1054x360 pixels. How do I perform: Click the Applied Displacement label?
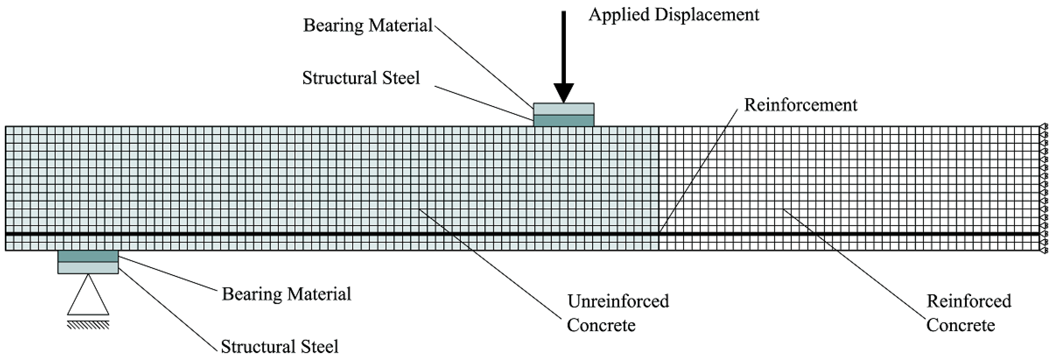673,15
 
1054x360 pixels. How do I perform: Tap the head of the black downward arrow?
563,92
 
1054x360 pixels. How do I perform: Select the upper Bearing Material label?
367,25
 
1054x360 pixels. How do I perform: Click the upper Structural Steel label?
361,78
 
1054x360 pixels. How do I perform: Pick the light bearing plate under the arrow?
563,109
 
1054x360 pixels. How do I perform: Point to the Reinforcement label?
800,105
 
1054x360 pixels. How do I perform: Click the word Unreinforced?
618,302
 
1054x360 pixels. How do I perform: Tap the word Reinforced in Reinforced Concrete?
968,302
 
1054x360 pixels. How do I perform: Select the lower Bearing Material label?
287,294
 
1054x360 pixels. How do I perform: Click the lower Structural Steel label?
279,346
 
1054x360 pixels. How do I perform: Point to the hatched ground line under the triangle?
88,325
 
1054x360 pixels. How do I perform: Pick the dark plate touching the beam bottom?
88,256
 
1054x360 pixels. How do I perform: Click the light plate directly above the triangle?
88,268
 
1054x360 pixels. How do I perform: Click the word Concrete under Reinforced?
960,326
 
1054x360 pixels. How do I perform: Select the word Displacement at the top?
707,15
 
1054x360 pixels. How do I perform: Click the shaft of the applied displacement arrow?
563,45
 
